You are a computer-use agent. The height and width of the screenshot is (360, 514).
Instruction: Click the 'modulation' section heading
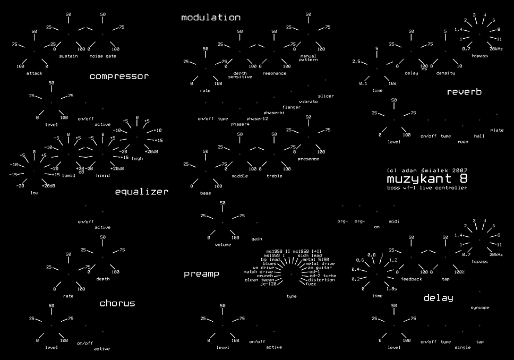[x=211, y=18]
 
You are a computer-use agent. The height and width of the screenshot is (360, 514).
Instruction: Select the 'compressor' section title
[x=119, y=76]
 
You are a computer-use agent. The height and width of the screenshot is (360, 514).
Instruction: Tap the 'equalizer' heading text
[x=142, y=192]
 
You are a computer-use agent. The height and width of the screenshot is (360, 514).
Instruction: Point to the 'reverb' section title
[x=464, y=92]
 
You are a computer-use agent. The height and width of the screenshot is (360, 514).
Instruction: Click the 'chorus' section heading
[x=117, y=303]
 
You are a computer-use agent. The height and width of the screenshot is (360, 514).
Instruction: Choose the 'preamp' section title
[x=201, y=274]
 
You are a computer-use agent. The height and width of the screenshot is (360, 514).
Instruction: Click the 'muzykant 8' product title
[x=427, y=179]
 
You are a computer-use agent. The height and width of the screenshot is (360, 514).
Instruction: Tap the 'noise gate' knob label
[x=102, y=56]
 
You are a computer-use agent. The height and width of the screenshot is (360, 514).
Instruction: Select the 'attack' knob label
[x=35, y=73]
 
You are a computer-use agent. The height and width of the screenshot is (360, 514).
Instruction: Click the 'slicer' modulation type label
[x=326, y=96]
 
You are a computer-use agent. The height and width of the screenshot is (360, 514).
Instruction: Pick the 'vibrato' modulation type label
[x=308, y=101]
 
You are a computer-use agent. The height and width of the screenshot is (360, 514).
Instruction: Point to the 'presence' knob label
[x=308, y=159]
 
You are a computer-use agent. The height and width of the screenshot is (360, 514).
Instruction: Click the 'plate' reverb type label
[x=496, y=130]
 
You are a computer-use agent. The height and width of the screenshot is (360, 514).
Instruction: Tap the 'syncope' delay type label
[x=479, y=307]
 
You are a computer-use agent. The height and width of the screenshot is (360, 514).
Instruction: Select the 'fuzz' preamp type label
[x=311, y=284]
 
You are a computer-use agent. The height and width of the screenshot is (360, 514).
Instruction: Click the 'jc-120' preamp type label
[x=268, y=284]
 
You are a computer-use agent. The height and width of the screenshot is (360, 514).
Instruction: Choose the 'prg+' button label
[x=359, y=221]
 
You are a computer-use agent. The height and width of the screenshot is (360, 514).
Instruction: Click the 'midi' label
[x=394, y=221]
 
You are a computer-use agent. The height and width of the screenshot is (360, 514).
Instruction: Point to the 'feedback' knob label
[x=412, y=279]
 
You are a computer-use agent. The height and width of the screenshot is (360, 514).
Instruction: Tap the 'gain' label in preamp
[x=256, y=239]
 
